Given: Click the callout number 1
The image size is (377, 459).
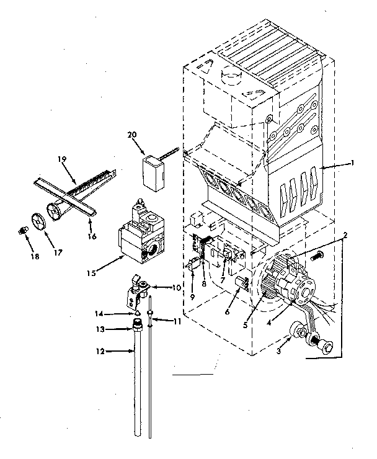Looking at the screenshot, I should coord(352,163).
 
